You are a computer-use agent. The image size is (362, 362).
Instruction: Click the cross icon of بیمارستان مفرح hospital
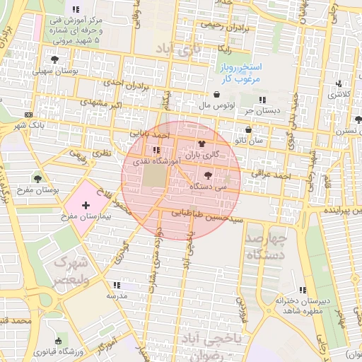click(86, 205)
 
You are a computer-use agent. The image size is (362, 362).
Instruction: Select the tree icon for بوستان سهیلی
click(55, 60)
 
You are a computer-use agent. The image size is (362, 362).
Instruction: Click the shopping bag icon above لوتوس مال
click(216, 95)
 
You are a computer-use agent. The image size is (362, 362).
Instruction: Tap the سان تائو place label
click(250, 141)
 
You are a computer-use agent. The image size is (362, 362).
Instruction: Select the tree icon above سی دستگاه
click(207, 175)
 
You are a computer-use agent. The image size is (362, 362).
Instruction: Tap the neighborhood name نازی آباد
click(178, 49)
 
